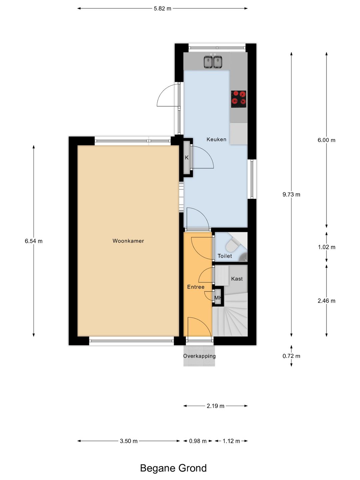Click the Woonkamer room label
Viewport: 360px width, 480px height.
coord(128,241)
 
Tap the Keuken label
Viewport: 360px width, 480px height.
coord(216,139)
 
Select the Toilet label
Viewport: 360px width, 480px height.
coord(225,256)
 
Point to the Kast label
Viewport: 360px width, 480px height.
coord(237,279)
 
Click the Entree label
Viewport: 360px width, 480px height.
coord(196,287)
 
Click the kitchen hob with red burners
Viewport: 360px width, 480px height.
coord(238,99)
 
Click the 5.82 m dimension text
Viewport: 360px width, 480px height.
coord(162,9)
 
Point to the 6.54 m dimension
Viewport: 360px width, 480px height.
coord(34,241)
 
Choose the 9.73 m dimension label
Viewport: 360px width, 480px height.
coord(291,194)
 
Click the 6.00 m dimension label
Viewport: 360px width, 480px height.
coord(326,140)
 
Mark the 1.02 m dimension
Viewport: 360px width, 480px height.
coord(327,247)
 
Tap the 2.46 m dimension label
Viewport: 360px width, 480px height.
coord(326,301)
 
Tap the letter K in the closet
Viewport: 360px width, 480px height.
coord(187,157)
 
